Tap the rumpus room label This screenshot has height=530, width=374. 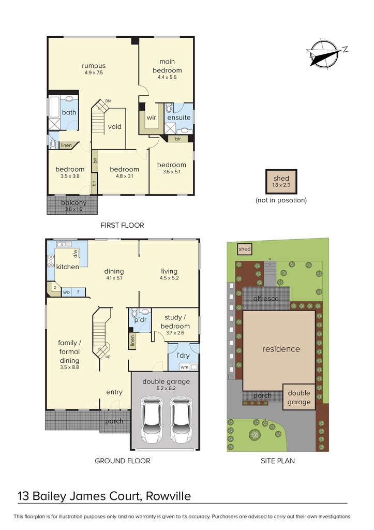pyautogui.click(x=94, y=66)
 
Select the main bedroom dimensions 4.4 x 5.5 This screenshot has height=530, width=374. pyautogui.click(x=167, y=77)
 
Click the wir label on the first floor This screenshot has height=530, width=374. pyautogui.click(x=151, y=117)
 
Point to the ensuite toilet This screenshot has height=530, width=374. pyautogui.click(x=169, y=108)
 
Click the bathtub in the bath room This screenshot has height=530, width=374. pyautogui.click(x=54, y=107)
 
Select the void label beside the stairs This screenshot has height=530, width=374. pyautogui.click(x=114, y=127)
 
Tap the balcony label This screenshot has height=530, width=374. pyautogui.click(x=73, y=202)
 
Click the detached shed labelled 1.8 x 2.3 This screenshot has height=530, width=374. pyautogui.click(x=281, y=182)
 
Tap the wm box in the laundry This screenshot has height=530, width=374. pyautogui.click(x=185, y=367)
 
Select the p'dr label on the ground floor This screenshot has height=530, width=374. pyautogui.click(x=140, y=320)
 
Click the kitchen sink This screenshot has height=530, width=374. pyautogui.click(x=64, y=244)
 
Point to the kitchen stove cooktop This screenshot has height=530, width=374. pyautogui.click(x=51, y=261)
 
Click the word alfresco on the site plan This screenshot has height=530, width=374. pyautogui.click(x=266, y=299)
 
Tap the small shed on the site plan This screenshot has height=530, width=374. pyautogui.click(x=244, y=249)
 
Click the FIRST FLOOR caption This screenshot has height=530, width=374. pyautogui.click(x=122, y=225)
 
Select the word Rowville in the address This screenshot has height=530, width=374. pyautogui.click(x=168, y=496)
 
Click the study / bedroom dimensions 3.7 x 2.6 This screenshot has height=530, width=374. pyautogui.click(x=175, y=333)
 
